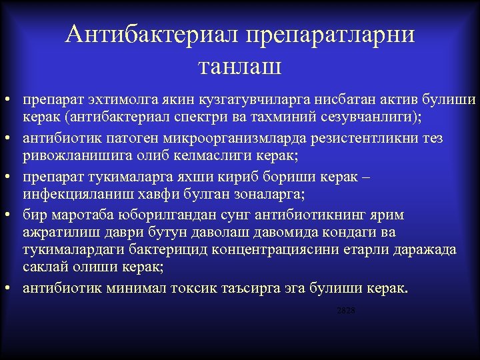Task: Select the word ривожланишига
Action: coord(69,157)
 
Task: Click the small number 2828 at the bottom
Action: coord(346,311)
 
